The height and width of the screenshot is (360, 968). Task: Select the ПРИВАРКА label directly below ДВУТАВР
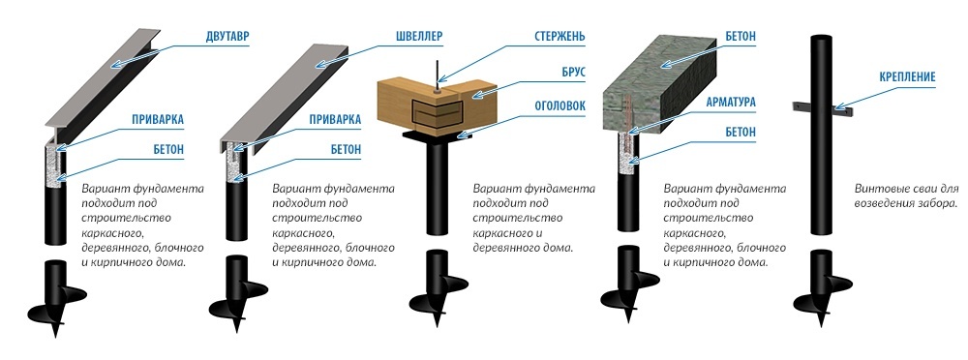[157, 120]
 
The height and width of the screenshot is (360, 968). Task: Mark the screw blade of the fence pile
[820, 305]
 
